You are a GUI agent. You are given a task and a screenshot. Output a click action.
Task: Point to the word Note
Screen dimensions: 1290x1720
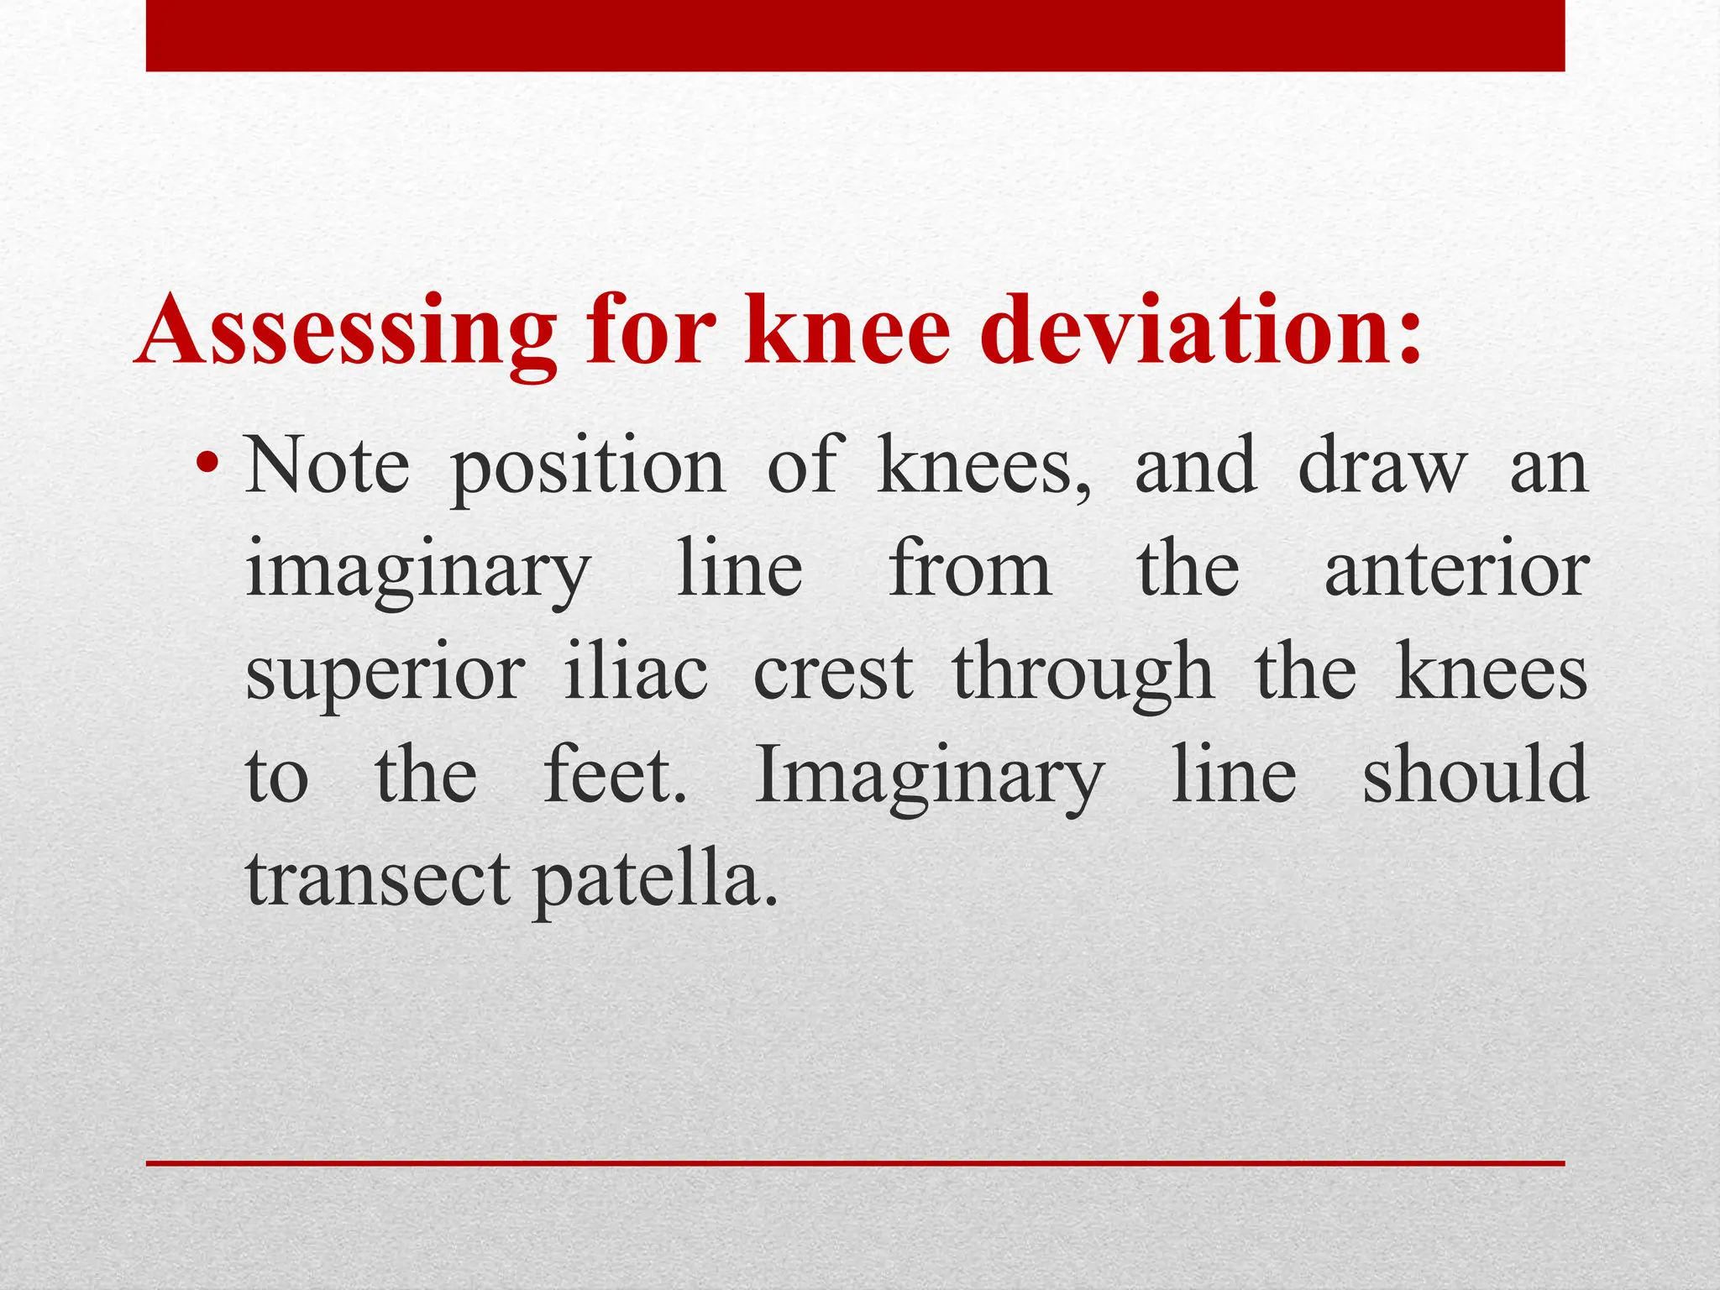328,465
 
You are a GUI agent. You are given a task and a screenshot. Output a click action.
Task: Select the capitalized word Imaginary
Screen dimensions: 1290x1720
929,777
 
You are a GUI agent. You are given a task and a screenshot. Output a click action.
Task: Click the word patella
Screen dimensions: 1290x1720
655,880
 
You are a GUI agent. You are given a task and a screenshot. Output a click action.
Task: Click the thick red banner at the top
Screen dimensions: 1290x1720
855,35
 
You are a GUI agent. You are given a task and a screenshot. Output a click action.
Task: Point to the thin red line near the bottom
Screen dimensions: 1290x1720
855,1163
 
